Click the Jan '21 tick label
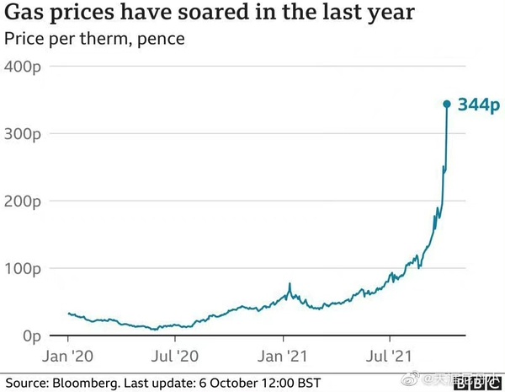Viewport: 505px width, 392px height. (x=289, y=357)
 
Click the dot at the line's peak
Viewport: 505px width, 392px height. (x=447, y=105)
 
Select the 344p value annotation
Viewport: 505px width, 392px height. (x=478, y=105)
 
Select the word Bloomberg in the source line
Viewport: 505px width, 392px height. (x=86, y=383)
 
